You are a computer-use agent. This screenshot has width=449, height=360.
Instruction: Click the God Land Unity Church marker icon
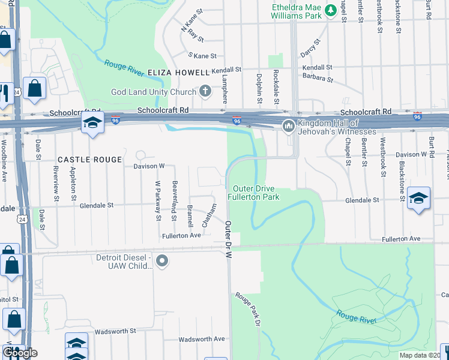click(x=205, y=92)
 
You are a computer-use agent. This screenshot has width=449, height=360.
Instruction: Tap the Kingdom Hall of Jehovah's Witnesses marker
click(x=288, y=126)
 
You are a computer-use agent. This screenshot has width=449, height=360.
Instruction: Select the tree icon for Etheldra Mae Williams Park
click(x=330, y=10)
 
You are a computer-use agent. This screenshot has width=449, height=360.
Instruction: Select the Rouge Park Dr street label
click(x=248, y=308)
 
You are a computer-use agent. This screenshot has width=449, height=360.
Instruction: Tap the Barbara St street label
click(x=318, y=79)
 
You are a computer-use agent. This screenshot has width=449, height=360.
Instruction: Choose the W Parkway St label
click(x=157, y=200)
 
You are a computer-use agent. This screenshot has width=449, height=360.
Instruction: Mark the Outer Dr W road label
click(x=228, y=239)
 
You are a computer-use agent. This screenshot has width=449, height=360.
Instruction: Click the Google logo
click(x=20, y=352)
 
